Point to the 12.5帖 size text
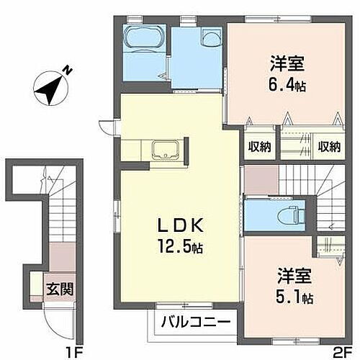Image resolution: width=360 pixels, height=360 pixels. tap(181, 248)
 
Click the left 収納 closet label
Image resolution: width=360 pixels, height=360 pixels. tap(260, 147)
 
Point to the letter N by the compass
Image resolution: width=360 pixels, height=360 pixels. tap(66, 70)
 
